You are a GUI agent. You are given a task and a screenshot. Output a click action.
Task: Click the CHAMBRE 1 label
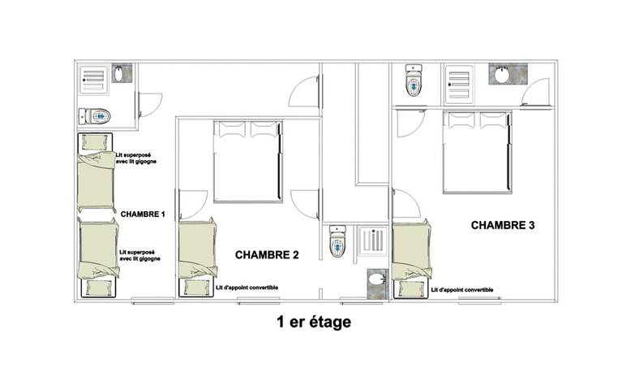coord(143,214)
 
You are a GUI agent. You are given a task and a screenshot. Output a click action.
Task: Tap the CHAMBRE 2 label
coord(267,255)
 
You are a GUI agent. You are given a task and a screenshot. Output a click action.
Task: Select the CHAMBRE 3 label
coord(503,225)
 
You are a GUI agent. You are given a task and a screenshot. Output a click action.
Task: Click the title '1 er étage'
coord(314,322)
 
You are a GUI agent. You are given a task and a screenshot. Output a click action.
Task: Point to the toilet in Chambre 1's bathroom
coord(95,116)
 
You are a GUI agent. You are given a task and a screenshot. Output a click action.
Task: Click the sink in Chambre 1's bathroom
coord(122,73)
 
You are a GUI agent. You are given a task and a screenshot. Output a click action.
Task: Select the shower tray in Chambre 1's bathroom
coord(94,80)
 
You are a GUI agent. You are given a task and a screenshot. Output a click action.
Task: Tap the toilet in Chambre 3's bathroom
coord(414,80)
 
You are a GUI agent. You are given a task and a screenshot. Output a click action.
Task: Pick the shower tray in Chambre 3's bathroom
coord(459,84)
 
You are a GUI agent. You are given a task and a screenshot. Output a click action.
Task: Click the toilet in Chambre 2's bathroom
coord(337,241)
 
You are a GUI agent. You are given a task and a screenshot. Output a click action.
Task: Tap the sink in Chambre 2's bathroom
coord(377,284)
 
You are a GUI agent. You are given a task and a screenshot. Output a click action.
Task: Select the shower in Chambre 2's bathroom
coord(373,241)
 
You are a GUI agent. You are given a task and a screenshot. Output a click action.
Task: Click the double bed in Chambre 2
coord(248,162)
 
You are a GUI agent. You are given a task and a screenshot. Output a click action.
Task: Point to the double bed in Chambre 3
coord(477,153)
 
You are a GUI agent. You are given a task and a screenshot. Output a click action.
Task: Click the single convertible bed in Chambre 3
coord(412,259)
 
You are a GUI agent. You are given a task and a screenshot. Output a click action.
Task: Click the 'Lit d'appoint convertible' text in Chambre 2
coord(247,288)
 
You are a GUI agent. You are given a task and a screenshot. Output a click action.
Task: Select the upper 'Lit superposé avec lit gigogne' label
coord(136,158)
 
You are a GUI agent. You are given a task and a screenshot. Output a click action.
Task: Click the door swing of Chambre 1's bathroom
coord(151,105)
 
